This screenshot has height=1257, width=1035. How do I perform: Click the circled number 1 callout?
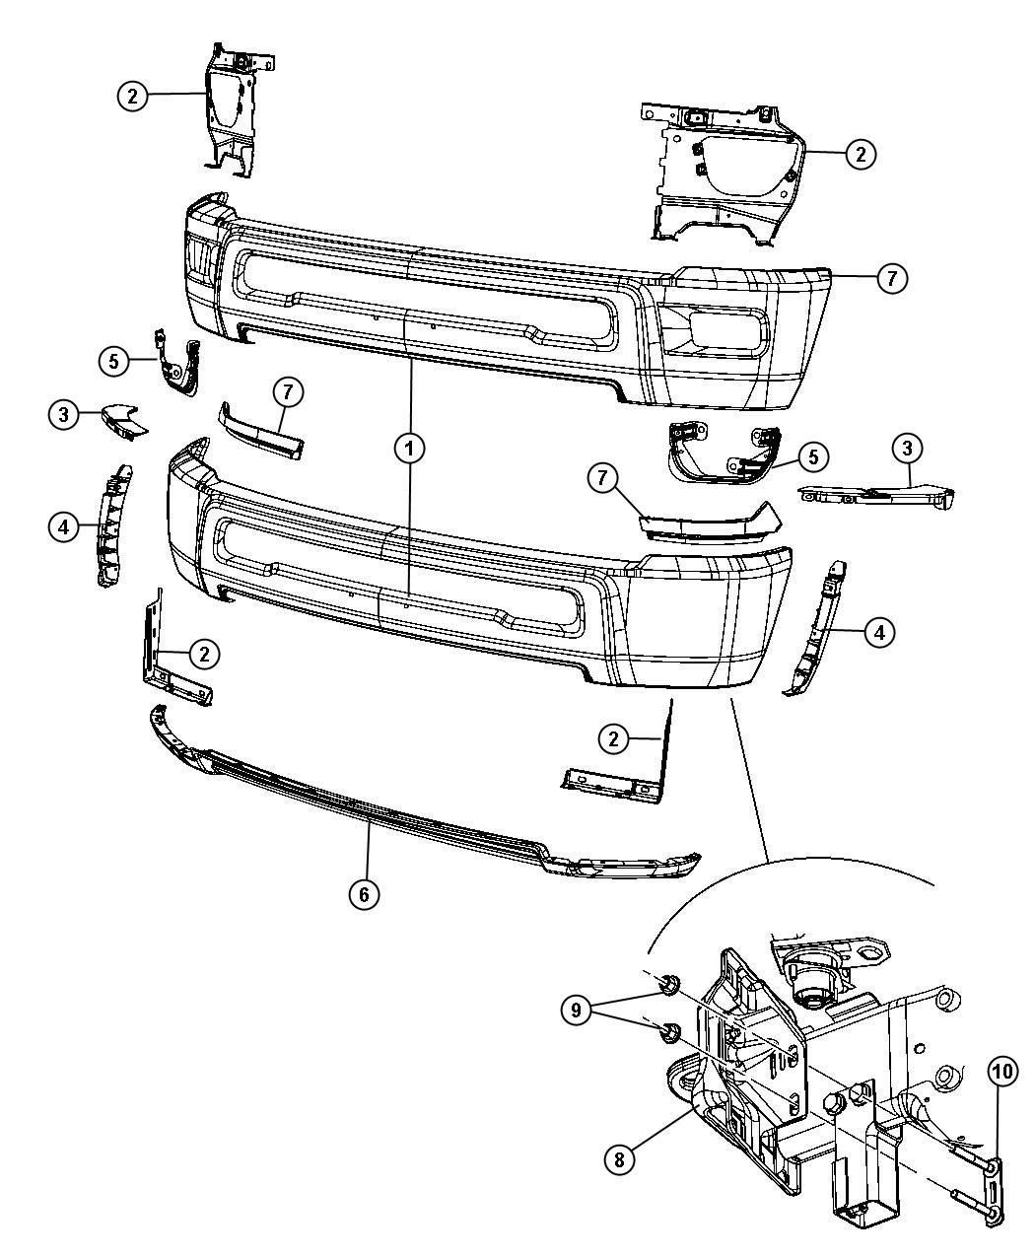tap(409, 449)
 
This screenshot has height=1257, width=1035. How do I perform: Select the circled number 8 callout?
tap(619, 1158)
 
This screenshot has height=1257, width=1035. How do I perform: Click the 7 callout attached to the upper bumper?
tap(890, 279)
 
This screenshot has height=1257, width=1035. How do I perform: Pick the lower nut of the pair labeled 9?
tap(667, 1032)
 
